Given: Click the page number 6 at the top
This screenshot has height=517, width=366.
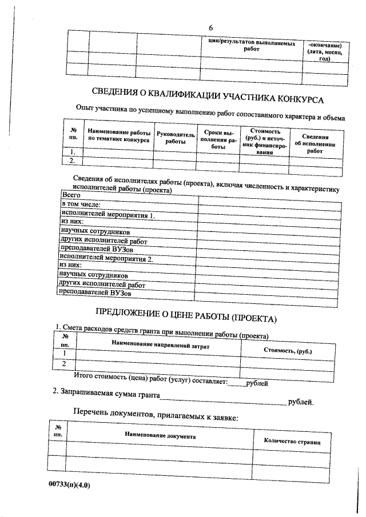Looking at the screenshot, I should pyautogui.click(x=210, y=28).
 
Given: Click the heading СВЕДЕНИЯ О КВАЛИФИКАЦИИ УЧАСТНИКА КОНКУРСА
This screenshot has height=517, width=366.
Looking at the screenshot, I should pyautogui.click(x=208, y=96).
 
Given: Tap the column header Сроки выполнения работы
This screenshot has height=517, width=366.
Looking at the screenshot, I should pyautogui.click(x=218, y=139).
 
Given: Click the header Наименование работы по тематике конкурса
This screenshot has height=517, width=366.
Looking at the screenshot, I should pyautogui.click(x=119, y=135).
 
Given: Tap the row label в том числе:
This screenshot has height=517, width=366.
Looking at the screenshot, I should pyautogui.click(x=81, y=205).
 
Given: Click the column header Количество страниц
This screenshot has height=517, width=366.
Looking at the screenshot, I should pyautogui.click(x=292, y=441).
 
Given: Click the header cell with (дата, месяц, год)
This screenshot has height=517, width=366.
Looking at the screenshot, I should pyautogui.click(x=324, y=55).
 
